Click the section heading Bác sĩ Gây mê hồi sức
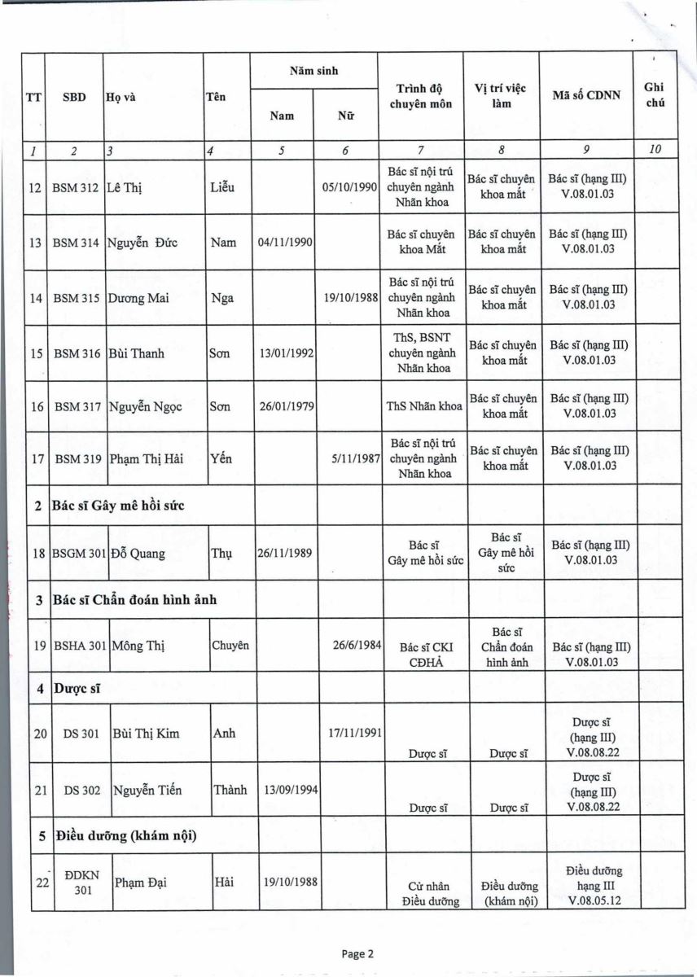pos(118,506)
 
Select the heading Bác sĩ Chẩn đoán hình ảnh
pos(134,601)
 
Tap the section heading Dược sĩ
pos(76,689)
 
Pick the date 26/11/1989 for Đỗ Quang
pos(285,554)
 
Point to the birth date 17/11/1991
pos(351,733)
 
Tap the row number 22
pos(37,883)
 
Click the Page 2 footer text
pos(357,954)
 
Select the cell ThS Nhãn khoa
pos(424,405)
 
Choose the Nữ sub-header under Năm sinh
pos(345,116)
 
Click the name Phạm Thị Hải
pos(144,458)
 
